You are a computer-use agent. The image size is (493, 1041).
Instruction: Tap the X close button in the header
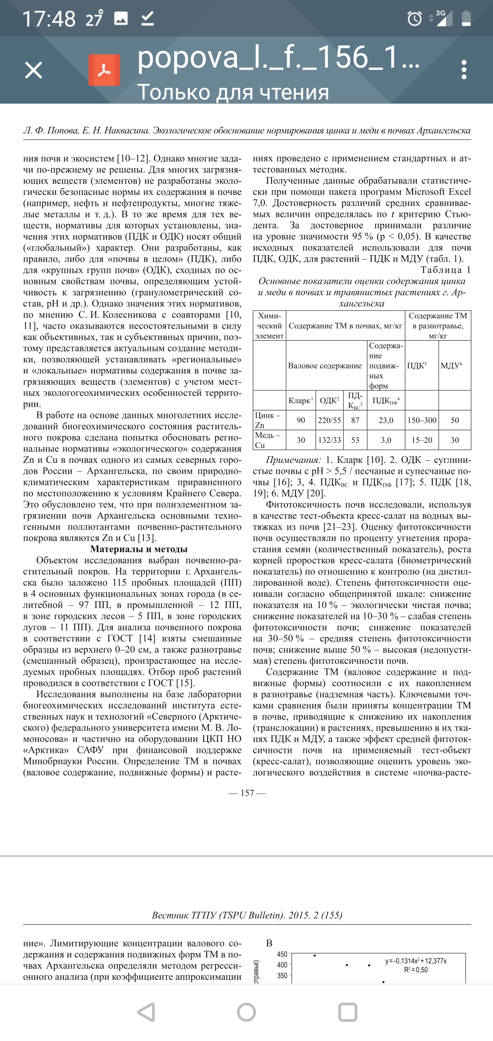pos(33,70)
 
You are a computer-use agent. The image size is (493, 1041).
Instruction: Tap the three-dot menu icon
pos(464,70)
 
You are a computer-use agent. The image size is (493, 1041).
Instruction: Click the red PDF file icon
pos(105,70)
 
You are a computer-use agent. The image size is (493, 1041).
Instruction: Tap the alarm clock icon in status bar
pos(414,19)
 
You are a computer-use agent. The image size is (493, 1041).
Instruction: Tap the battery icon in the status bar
pos(466,19)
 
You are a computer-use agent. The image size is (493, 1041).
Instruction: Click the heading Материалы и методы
pos(139,549)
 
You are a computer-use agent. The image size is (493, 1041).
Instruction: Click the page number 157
pos(247,793)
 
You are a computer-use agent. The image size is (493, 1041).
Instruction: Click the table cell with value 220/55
pos(330,421)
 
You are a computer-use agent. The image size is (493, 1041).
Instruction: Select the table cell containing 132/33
pos(330,440)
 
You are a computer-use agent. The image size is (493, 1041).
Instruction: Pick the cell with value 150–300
pos(422,421)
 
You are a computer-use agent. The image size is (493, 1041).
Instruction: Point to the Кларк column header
pos(300,400)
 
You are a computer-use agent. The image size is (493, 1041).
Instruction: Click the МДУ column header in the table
pos(451,366)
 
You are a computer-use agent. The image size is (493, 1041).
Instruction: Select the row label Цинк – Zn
pos(268,420)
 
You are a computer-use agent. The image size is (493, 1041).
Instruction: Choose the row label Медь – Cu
pos(268,440)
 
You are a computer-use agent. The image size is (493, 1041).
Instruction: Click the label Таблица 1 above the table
pos(446,270)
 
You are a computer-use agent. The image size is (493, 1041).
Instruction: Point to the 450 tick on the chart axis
pos(282,954)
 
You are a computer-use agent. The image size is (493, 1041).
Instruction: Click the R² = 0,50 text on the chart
pos(416,970)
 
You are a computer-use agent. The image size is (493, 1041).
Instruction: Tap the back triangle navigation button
pos(147,1012)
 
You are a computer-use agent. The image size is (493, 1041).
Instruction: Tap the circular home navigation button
pos(246,1012)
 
